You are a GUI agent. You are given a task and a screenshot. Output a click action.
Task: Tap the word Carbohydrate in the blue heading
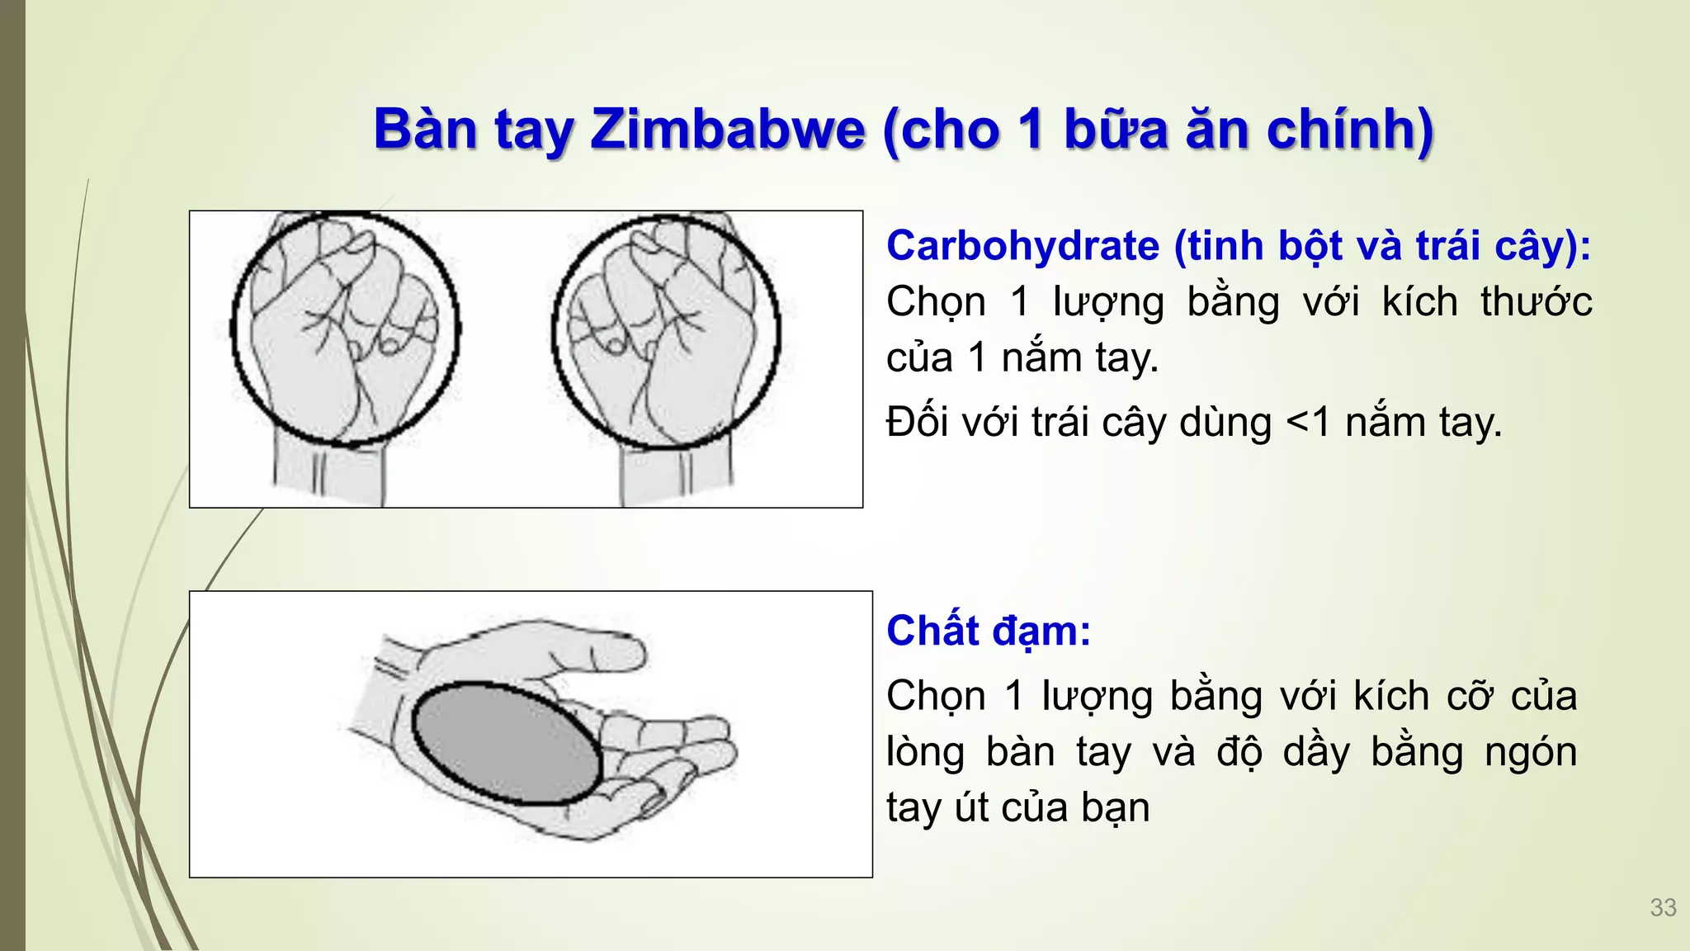point(1022,246)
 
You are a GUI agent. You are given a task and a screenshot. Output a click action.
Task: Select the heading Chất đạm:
point(988,632)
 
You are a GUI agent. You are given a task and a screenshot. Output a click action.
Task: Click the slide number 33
point(1663,907)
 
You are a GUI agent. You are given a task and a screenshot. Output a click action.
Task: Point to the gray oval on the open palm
point(506,743)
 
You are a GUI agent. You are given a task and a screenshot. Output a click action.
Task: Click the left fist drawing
point(345,330)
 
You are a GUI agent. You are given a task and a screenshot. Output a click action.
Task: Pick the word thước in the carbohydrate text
point(1536,302)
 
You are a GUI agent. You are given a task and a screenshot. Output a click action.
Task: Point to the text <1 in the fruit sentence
point(1309,423)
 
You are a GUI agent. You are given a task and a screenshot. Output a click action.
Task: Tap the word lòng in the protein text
point(925,752)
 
